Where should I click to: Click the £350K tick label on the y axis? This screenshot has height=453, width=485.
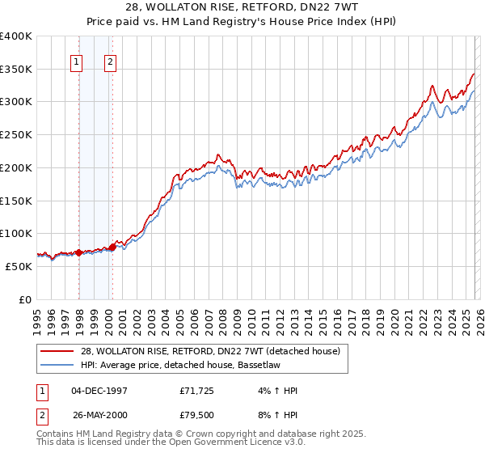[x=16, y=70]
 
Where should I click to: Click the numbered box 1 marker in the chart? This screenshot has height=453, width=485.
[x=77, y=61]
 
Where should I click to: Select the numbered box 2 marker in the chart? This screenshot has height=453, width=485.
[x=110, y=61]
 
